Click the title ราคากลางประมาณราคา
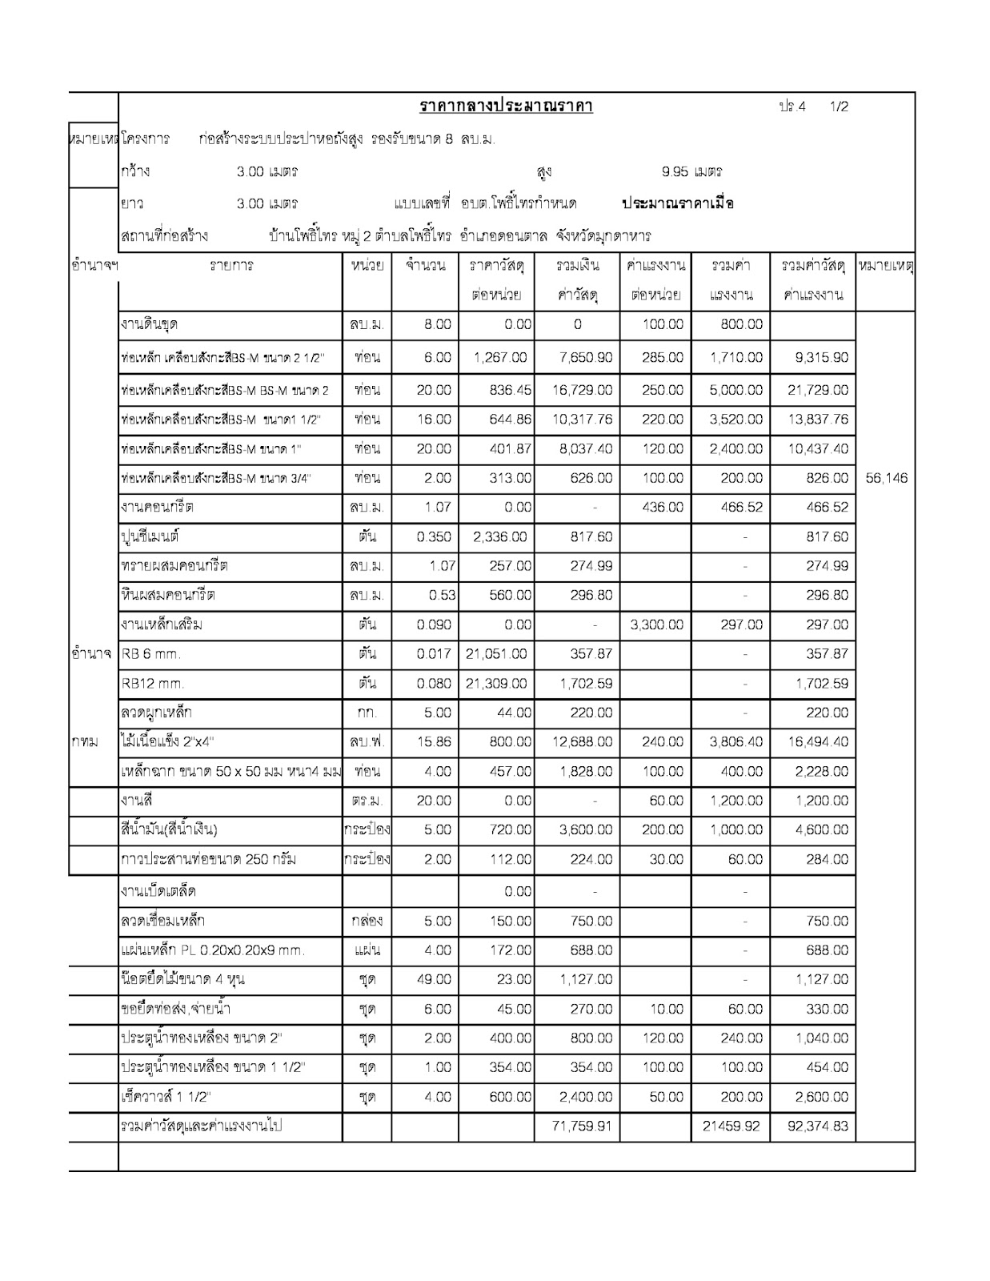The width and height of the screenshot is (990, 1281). (506, 106)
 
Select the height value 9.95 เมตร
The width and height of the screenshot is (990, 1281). (691, 171)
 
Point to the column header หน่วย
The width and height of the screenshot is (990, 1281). (367, 265)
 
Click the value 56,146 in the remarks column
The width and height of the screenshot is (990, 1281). (886, 478)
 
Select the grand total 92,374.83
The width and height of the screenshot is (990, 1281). (818, 1126)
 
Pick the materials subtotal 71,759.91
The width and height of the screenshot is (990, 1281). (582, 1126)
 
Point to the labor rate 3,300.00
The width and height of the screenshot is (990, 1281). (656, 624)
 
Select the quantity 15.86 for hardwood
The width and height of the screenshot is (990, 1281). (434, 742)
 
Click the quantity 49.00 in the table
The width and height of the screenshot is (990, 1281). (434, 979)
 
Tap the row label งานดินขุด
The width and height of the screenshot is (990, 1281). (149, 324)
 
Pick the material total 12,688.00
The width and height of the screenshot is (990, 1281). (582, 742)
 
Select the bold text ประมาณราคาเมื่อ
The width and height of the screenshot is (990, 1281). (678, 203)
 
